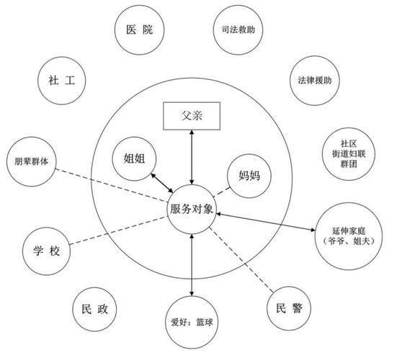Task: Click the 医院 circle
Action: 139,30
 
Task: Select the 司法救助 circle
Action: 238,30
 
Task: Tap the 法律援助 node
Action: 314,81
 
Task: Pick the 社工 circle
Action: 62,81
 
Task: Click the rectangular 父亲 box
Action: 192,116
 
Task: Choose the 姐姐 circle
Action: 134,159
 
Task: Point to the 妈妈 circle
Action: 249,176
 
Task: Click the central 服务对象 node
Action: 192,210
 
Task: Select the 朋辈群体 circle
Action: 31,162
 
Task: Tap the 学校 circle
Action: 46,251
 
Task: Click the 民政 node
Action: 94,309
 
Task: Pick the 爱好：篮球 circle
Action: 192,322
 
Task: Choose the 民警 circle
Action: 289,308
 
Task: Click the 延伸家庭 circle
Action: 349,236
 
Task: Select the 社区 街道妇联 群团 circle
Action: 349,154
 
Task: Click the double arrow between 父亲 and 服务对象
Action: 192,158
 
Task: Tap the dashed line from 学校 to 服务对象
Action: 118,230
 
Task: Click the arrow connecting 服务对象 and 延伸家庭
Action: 266,222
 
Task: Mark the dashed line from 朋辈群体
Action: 112,185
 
